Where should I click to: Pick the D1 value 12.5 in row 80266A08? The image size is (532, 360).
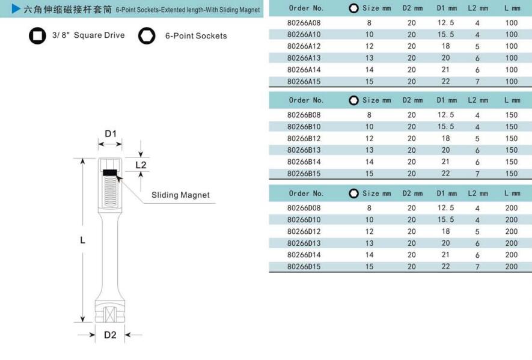click(x=445, y=23)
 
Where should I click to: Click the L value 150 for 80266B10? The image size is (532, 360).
click(x=511, y=127)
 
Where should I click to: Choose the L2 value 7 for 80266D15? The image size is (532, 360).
click(x=477, y=266)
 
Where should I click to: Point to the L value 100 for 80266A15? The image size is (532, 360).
click(x=511, y=82)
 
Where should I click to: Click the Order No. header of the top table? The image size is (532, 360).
click(x=306, y=8)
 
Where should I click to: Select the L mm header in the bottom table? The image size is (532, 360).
click(x=512, y=194)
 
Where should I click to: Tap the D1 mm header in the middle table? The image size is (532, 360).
click(x=447, y=100)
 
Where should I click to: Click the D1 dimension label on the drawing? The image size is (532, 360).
click(x=111, y=133)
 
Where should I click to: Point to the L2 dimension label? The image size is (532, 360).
click(x=141, y=165)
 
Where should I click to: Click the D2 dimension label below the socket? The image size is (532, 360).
click(x=110, y=335)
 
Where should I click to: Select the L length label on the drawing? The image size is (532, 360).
click(x=83, y=240)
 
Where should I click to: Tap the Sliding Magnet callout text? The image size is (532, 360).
click(x=180, y=195)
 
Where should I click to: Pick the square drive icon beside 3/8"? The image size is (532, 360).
click(x=37, y=35)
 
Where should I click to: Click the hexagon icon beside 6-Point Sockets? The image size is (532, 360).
click(x=146, y=35)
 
